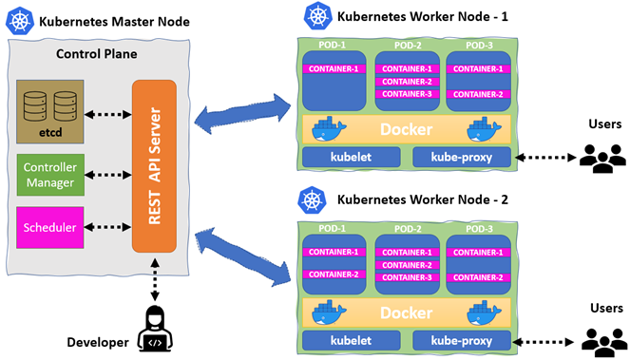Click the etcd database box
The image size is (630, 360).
point(50,112)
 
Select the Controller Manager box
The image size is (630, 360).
point(50,175)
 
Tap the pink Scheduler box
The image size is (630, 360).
point(50,227)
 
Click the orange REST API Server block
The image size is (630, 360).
point(154,166)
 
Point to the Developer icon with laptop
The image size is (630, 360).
point(155,329)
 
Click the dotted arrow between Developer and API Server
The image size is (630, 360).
point(155,279)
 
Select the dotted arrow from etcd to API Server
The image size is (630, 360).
point(108,115)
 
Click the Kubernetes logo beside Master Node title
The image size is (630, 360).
point(19,21)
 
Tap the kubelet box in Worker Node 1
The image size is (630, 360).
point(352,157)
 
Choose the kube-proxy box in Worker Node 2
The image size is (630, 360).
point(462,341)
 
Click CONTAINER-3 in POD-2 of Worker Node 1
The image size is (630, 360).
point(407,94)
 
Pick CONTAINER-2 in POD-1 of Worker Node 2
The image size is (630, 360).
point(334,275)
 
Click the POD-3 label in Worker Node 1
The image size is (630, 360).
point(479,46)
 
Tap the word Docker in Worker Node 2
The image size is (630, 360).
point(406,313)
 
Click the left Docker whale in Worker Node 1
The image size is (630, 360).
point(329,129)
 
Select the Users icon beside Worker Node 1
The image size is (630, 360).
point(602,159)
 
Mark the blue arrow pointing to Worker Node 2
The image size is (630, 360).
point(242,257)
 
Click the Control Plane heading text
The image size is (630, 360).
point(96,54)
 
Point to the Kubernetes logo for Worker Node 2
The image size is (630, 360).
point(312,199)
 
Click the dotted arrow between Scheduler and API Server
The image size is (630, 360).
point(108,227)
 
